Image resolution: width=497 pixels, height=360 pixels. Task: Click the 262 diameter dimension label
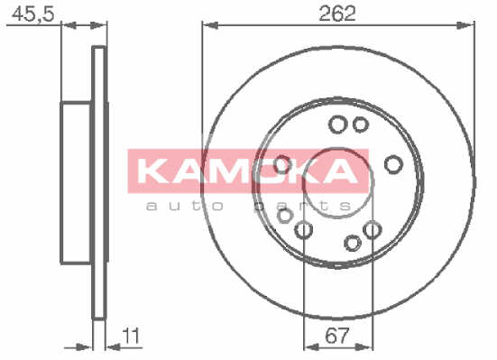coord(337,14)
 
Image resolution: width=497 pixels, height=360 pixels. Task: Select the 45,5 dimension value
coord(33,14)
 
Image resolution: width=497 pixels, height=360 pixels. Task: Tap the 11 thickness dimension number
coord(131,336)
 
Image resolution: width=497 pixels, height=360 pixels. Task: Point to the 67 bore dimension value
coord(337,336)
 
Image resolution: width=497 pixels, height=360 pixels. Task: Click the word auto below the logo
coord(186,207)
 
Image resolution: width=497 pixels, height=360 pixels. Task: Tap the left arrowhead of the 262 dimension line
coord(210,25)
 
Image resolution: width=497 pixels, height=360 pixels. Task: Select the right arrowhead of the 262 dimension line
coord(466,25)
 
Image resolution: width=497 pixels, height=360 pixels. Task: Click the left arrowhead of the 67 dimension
coord(311,347)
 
